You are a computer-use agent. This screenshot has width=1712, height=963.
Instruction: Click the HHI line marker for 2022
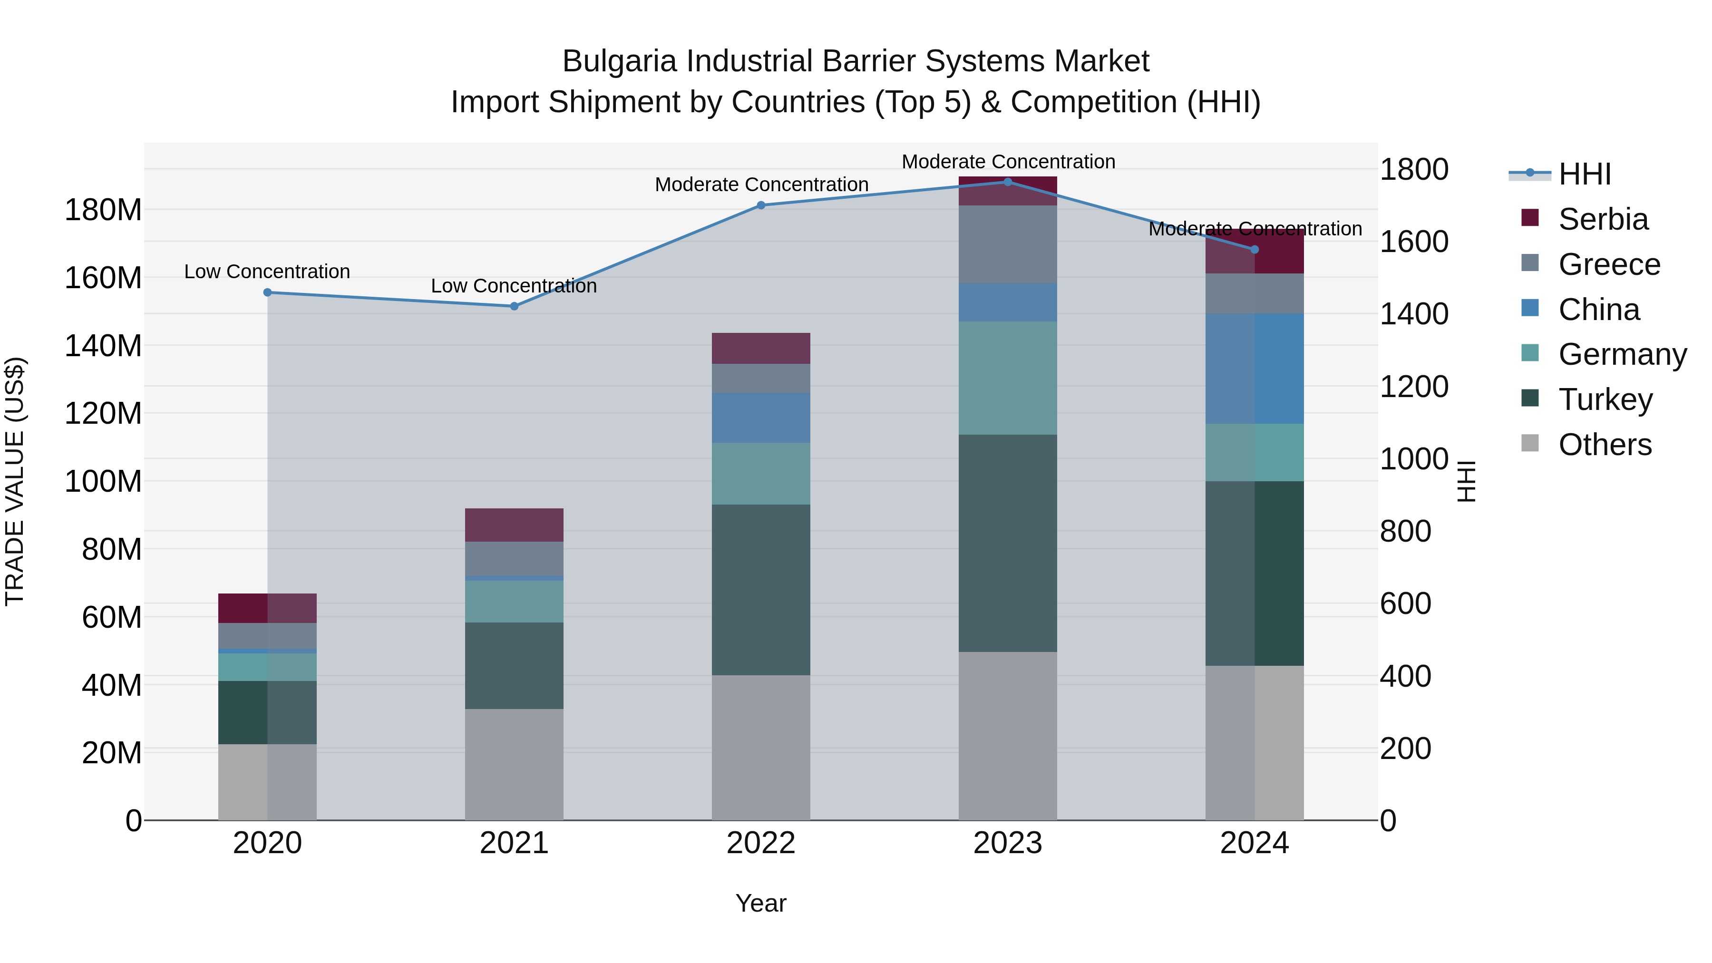761,205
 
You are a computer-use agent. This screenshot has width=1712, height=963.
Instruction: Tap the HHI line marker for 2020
268,292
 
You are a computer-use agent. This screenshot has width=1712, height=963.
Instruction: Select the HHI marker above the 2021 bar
514,306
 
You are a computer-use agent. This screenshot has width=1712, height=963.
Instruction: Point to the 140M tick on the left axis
103,346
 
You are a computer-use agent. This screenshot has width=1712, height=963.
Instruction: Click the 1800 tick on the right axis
1414,169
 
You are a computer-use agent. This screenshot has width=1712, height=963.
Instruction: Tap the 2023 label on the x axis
1008,843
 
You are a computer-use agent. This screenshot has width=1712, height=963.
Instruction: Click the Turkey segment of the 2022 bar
761,590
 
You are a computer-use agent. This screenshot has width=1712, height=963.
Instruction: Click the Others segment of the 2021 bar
514,764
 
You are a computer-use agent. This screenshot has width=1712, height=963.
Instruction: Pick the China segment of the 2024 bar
1254,369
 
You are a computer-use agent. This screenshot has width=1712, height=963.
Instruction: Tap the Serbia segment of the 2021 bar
514,525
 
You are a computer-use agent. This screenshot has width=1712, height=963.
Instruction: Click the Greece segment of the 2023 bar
1008,244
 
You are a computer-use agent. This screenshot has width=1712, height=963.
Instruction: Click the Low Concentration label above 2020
267,272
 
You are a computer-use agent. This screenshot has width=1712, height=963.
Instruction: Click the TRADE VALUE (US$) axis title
15,481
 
